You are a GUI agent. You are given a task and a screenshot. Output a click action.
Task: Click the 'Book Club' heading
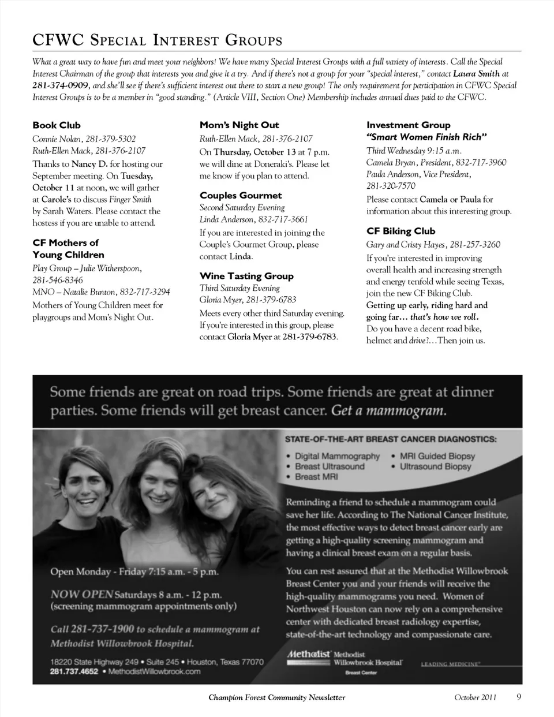coord(57,125)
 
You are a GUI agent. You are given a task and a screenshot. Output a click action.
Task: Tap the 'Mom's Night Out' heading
coord(239,125)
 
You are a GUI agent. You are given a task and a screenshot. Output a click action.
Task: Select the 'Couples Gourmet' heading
coord(241,195)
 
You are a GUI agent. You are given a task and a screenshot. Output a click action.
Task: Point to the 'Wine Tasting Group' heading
coord(246,276)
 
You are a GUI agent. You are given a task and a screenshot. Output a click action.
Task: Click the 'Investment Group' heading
coord(408,125)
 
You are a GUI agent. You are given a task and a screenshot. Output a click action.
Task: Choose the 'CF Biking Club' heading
coord(400,231)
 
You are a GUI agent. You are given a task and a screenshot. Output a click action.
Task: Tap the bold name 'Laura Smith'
coord(476,74)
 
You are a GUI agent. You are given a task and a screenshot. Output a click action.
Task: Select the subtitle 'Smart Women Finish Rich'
coord(426,137)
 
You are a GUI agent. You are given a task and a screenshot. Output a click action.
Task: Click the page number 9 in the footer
coord(519,696)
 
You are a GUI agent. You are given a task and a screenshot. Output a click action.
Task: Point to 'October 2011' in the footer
coord(475,697)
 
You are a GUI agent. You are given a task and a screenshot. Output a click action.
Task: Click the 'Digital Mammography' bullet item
coord(337,456)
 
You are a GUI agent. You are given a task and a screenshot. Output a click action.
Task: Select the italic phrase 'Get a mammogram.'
coord(388,411)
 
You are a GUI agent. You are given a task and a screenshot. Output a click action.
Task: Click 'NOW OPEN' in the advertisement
coord(81,594)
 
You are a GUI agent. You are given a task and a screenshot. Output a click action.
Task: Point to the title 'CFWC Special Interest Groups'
coord(157,40)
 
